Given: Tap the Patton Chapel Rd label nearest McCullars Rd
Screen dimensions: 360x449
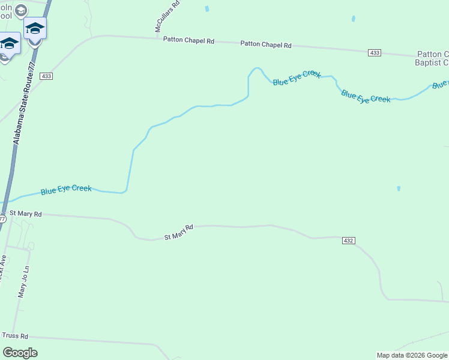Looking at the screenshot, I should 188,40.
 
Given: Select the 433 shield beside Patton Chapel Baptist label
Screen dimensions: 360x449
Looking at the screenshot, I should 375,53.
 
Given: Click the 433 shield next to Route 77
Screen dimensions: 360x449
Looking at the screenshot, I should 46,76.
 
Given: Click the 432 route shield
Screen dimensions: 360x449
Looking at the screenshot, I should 349,240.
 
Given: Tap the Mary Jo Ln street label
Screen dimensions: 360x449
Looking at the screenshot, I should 23,283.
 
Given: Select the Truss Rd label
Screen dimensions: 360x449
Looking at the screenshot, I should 15,336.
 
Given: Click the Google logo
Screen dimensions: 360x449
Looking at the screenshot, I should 20,353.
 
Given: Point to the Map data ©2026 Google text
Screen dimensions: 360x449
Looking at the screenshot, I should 412,355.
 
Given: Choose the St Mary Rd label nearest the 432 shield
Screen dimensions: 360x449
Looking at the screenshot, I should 179,232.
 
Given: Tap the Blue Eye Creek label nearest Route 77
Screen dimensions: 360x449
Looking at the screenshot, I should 66,190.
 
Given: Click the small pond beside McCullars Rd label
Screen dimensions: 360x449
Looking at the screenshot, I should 207,9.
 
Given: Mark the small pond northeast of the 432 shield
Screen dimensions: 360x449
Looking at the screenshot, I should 399,188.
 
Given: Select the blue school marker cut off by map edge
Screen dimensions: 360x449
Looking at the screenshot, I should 8,43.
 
